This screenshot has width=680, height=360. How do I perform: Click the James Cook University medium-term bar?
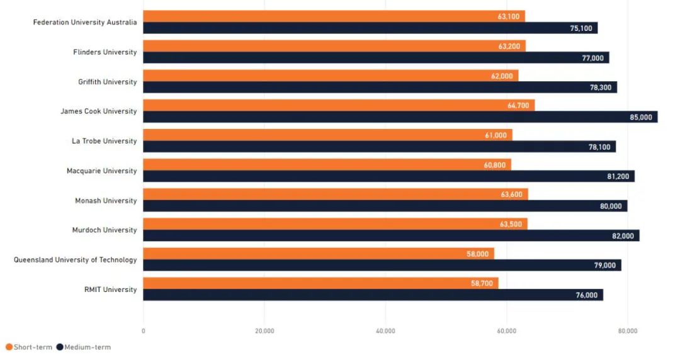(x=400, y=117)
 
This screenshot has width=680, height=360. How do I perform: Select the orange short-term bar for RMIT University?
(x=320, y=283)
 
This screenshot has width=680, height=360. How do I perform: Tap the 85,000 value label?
(x=641, y=117)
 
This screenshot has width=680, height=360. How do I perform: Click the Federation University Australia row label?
(x=85, y=22)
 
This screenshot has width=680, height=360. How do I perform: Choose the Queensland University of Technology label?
(x=76, y=259)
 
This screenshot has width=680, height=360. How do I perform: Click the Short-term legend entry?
(x=29, y=347)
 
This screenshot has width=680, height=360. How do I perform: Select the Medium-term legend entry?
(x=84, y=347)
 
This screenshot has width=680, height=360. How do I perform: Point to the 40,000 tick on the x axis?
(x=385, y=331)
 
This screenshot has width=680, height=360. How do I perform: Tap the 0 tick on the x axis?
(x=144, y=331)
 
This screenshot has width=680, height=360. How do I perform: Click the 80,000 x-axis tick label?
(x=628, y=331)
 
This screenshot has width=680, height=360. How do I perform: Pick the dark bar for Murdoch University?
(x=391, y=235)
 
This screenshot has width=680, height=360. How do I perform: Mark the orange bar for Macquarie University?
(x=327, y=165)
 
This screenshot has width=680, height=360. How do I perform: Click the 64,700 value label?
(x=518, y=105)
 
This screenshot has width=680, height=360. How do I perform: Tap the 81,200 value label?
(x=618, y=176)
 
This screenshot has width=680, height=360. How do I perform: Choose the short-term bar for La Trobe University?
(x=327, y=135)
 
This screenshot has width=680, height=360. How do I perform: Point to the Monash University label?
(x=106, y=200)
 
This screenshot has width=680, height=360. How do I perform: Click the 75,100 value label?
(x=581, y=28)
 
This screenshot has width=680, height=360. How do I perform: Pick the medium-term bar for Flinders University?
(x=376, y=58)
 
